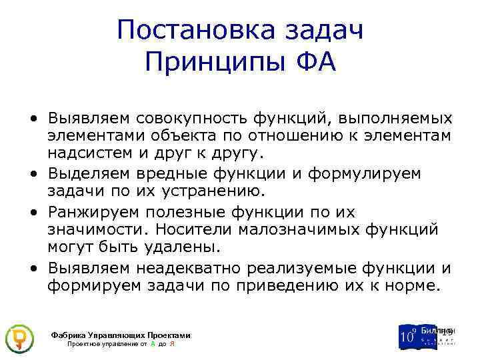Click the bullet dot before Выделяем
[33, 174]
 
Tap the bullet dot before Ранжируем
[33, 212]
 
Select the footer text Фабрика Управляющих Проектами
[121, 335]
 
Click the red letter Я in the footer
[172, 344]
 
